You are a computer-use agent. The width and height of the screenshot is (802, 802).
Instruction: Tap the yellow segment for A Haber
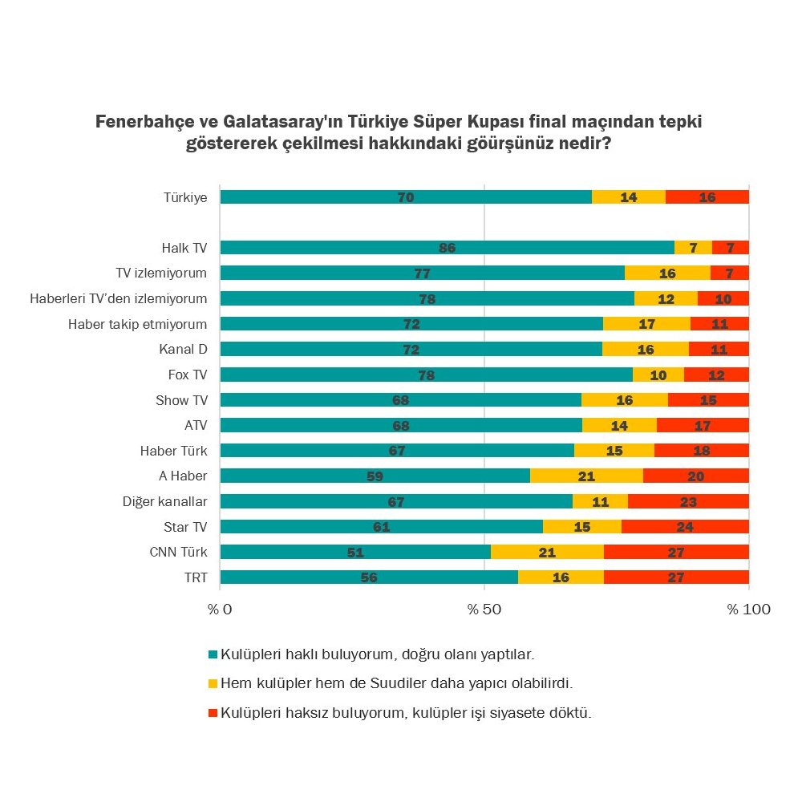tap(586, 476)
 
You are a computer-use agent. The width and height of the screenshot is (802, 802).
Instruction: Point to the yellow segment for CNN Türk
tap(547, 552)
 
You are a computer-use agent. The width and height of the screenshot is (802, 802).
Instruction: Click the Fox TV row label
tap(187, 375)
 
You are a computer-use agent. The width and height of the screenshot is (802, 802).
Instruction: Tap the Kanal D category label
tap(183, 350)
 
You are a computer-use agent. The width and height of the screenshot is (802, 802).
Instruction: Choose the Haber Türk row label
tap(173, 451)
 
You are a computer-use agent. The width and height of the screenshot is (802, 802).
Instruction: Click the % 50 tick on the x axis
tap(484, 610)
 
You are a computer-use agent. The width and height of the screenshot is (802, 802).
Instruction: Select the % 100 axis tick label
tap(748, 610)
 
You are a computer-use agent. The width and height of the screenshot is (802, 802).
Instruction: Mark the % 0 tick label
tap(220, 610)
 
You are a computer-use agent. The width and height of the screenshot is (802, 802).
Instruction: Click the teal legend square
tap(213, 654)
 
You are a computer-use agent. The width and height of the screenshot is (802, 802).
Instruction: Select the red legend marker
tap(213, 712)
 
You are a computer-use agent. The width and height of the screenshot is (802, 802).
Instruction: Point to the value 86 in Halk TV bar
tap(447, 248)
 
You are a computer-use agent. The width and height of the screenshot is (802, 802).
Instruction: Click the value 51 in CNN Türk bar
tap(355, 553)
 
